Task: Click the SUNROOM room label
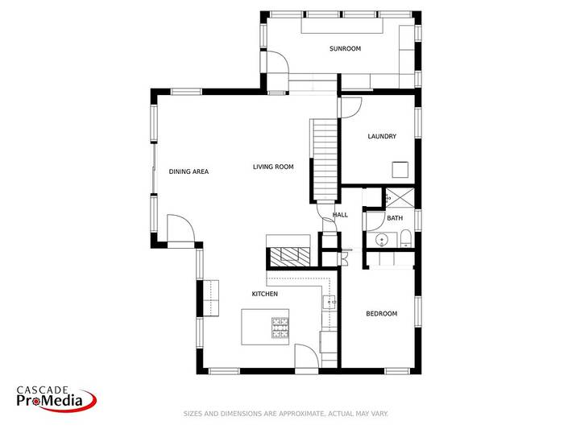(x=345, y=49)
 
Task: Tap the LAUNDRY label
(x=382, y=137)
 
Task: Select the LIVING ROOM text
(x=273, y=167)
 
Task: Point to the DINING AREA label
(x=189, y=171)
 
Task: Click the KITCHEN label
(x=265, y=295)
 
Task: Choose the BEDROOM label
(x=381, y=314)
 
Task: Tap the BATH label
(x=395, y=218)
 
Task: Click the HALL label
(x=340, y=215)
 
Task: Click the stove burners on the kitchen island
(x=280, y=327)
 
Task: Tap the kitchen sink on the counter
(x=330, y=303)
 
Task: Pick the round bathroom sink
(x=383, y=238)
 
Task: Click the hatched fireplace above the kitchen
(x=288, y=256)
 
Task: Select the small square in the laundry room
(x=400, y=170)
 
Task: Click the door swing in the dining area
(x=182, y=229)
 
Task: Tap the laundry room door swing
(x=350, y=108)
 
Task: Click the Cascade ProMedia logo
(x=56, y=398)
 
